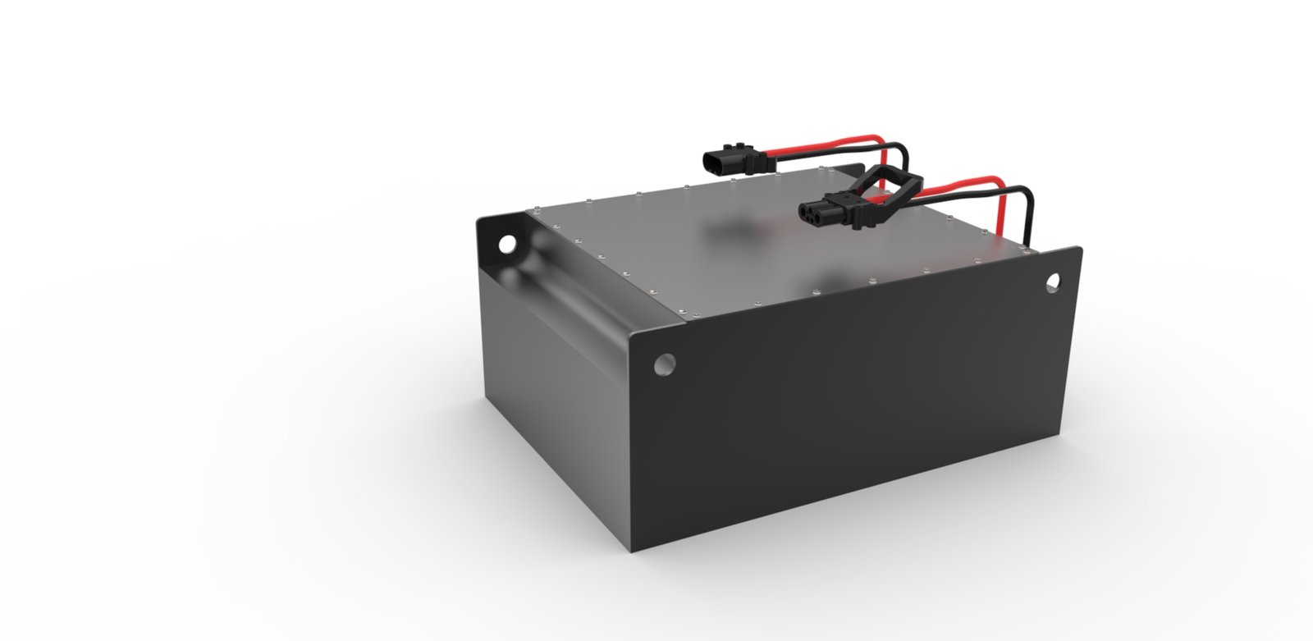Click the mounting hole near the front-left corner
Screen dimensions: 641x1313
point(666,363)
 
